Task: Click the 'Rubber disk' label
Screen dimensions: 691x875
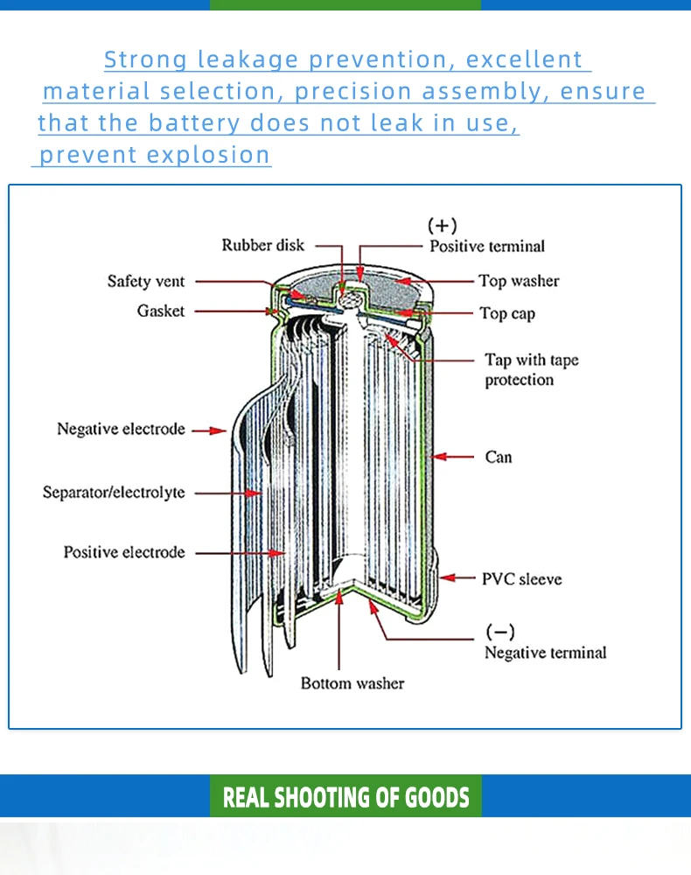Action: coord(263,245)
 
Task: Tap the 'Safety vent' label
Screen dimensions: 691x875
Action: coord(146,281)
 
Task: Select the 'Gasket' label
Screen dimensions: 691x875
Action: coord(161,311)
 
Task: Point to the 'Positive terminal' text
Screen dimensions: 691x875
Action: coord(487,246)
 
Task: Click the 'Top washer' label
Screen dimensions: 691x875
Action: coord(519,281)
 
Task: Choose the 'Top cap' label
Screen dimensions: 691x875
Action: coord(507,313)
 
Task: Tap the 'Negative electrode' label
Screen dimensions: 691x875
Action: coord(121,429)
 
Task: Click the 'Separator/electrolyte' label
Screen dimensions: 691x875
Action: coord(114,492)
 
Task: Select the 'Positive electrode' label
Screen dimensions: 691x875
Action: coord(124,552)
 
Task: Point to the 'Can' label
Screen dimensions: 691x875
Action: coord(499,457)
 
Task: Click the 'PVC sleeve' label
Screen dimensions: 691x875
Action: coord(522,579)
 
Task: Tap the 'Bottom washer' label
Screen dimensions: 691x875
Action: coord(352,683)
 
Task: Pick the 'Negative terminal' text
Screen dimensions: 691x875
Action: coord(546,653)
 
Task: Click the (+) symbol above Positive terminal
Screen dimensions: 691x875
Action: coord(443,226)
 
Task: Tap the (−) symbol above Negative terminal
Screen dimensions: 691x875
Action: coord(500,632)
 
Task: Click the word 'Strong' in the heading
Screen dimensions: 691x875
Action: coord(145,60)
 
